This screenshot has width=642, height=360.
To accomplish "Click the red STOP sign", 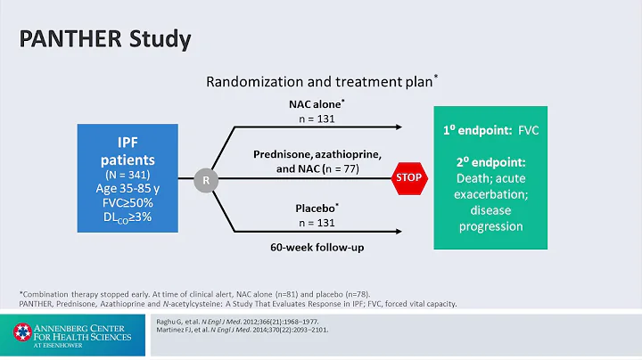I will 406,178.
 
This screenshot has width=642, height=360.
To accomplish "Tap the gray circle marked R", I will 206,179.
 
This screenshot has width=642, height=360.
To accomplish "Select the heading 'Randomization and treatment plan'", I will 319,81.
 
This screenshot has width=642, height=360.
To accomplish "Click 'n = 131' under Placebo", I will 317,222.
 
